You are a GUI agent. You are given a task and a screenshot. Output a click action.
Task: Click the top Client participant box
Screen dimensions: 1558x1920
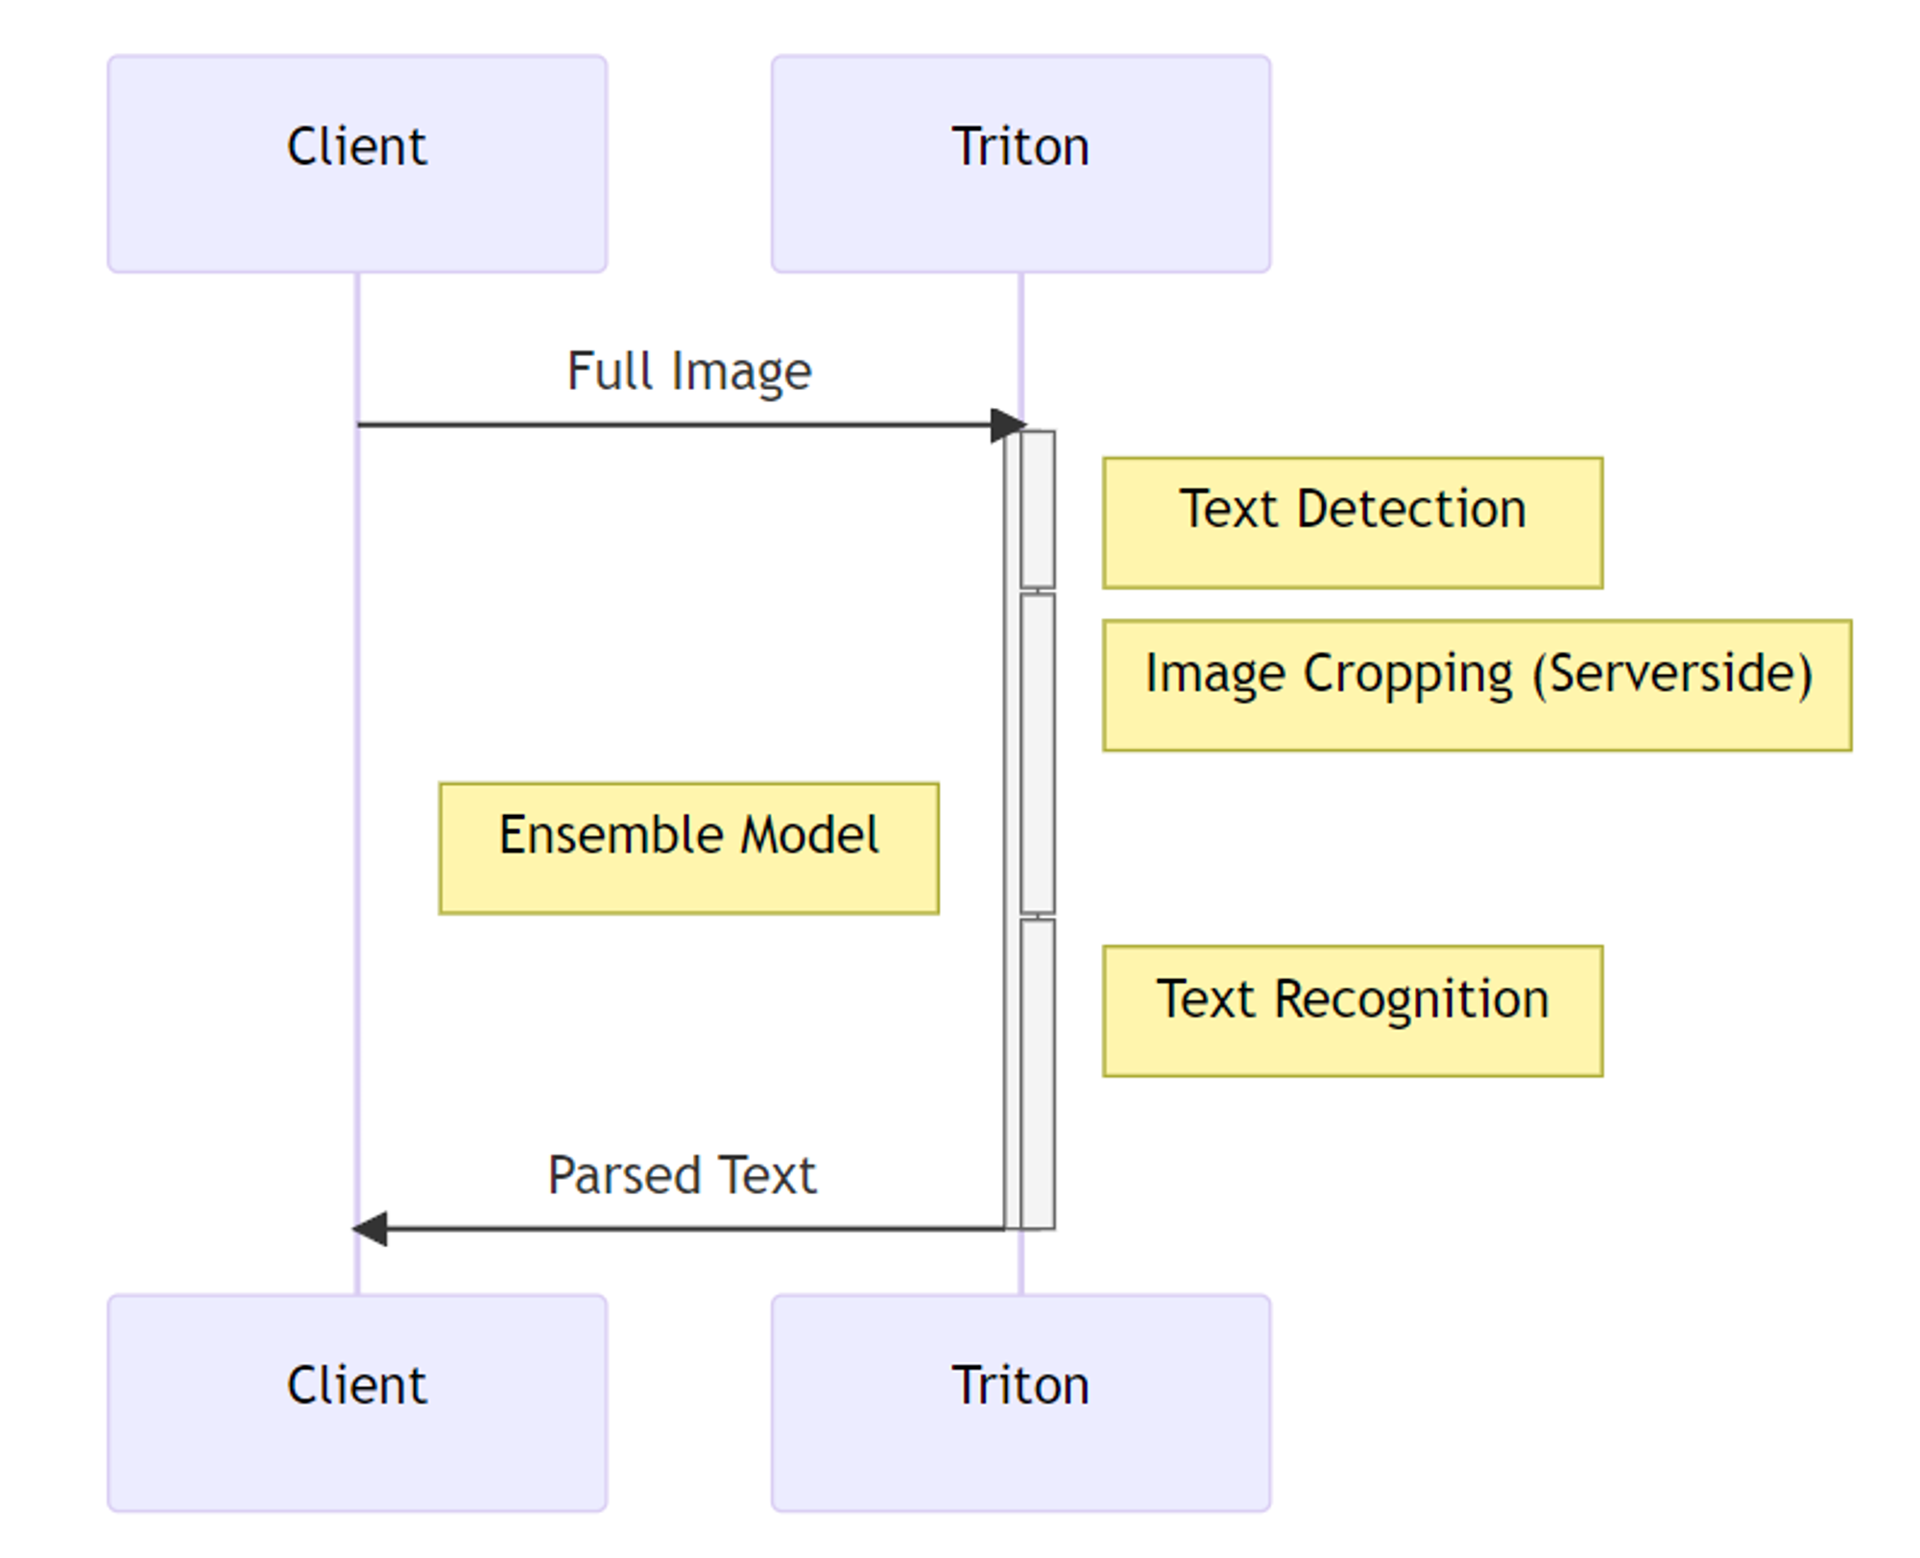[x=356, y=163]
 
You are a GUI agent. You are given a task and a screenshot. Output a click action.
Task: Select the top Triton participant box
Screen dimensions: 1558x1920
[x=1020, y=163]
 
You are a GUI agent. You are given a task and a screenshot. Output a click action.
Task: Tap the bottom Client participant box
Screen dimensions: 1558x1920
[x=356, y=1402]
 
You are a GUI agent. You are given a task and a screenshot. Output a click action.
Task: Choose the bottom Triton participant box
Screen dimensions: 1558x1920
[x=1020, y=1402]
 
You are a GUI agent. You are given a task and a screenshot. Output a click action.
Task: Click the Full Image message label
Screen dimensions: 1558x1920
[x=688, y=372]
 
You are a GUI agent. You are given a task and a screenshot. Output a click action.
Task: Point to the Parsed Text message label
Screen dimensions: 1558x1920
[x=682, y=1175]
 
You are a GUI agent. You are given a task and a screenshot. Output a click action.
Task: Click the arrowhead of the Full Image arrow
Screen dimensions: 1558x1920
[x=1008, y=424]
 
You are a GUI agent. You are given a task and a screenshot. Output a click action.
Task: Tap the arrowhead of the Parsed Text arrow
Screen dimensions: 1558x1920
[x=371, y=1228]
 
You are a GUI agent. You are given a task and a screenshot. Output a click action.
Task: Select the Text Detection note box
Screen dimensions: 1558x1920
[x=1352, y=522]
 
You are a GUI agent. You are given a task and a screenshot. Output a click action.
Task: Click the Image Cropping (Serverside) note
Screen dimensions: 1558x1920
[x=1476, y=684]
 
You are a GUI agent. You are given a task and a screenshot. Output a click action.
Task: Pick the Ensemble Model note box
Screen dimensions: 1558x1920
[x=688, y=848]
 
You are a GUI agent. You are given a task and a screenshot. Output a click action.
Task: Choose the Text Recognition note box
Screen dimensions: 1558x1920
[x=1352, y=1010]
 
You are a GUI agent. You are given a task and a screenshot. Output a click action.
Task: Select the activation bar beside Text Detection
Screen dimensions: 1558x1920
[x=1038, y=509]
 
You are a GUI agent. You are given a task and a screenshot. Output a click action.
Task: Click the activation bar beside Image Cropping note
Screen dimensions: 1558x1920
[x=1038, y=753]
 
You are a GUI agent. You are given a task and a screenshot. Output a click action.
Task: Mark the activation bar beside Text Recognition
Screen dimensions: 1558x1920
[x=1038, y=1073]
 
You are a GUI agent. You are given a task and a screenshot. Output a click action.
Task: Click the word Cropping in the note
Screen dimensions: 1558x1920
[x=1408, y=675]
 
